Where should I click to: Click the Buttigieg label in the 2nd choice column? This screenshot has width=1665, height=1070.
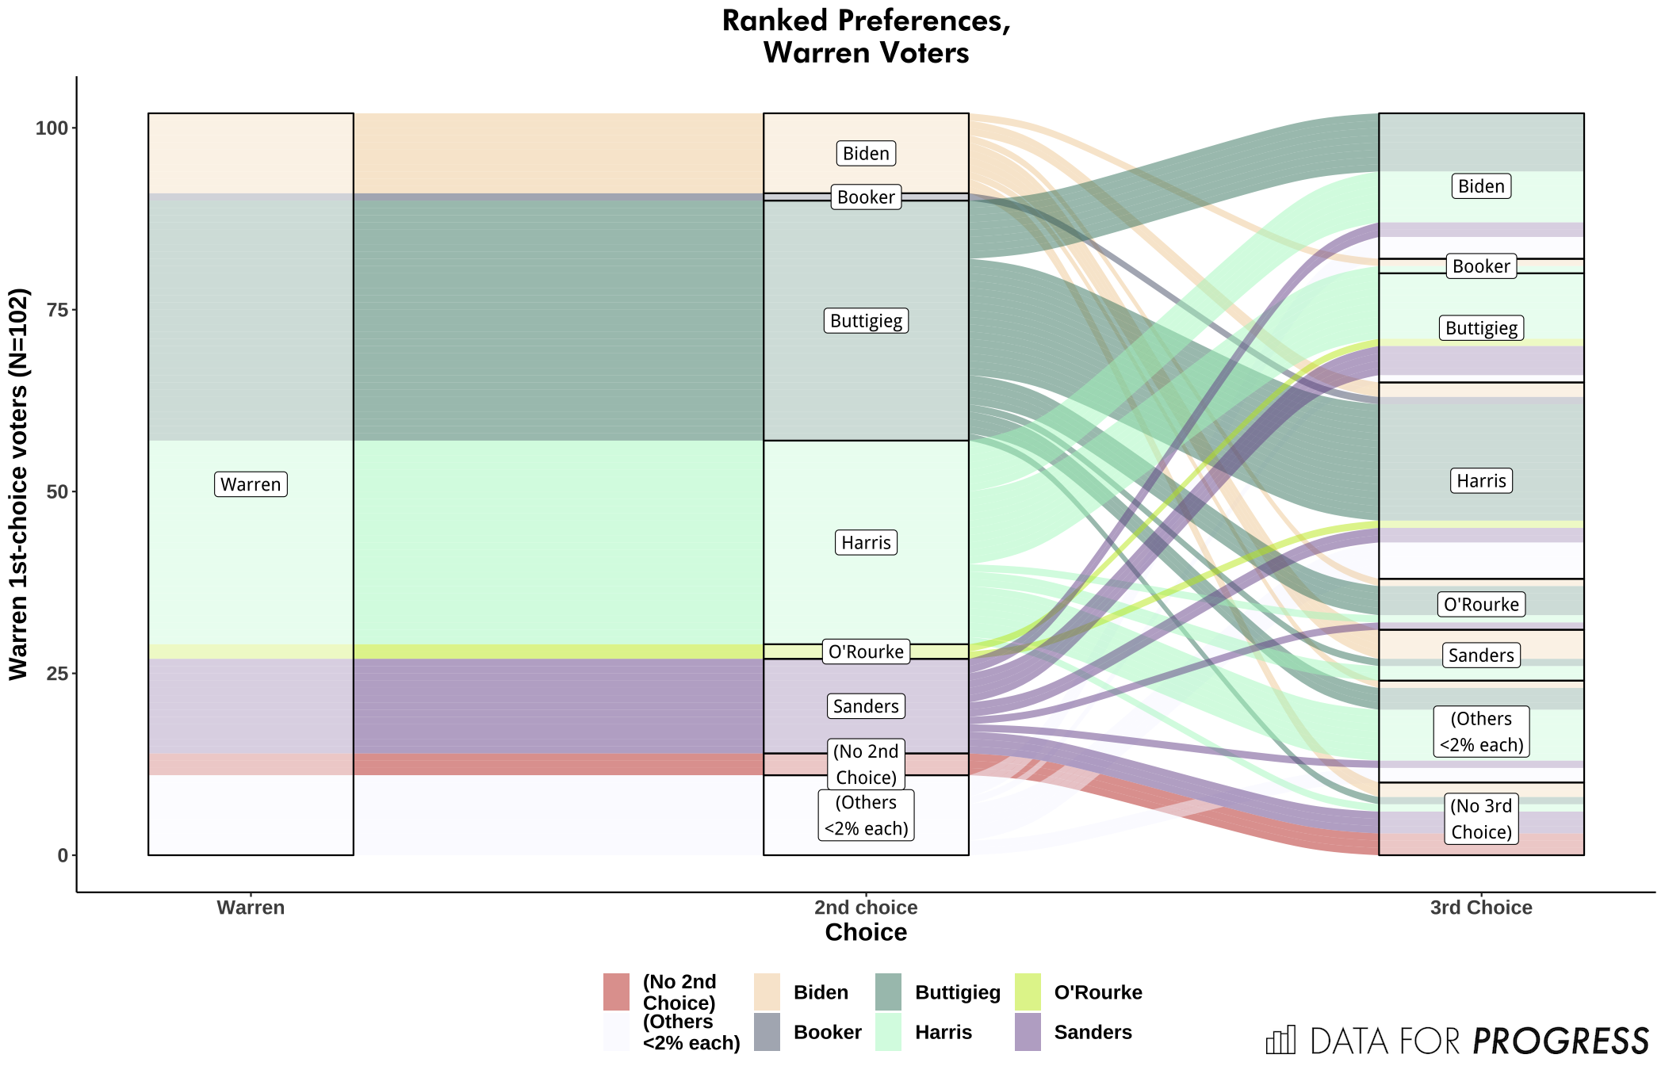[x=866, y=321]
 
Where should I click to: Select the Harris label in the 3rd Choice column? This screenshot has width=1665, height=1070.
[x=1481, y=481]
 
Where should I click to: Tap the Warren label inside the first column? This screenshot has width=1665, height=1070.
[x=251, y=484]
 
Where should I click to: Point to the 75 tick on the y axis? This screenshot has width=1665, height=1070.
[x=57, y=310]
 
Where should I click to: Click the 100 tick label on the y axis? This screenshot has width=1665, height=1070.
[x=52, y=128]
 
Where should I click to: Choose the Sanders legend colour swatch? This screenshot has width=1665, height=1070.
[x=1028, y=1032]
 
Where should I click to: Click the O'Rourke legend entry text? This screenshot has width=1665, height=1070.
[x=1097, y=992]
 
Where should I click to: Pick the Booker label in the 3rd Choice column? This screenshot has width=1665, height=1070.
[x=1481, y=266]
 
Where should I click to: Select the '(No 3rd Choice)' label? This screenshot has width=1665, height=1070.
[x=1481, y=819]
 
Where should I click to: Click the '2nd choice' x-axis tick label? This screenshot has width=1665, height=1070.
[x=866, y=908]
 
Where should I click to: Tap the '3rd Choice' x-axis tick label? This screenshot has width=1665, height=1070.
[x=1481, y=908]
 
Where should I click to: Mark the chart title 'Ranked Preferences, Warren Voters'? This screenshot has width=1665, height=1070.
[x=866, y=36]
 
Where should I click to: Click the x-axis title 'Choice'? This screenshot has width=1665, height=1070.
[x=866, y=932]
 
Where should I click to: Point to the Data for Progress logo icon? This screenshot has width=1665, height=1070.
[x=1280, y=1040]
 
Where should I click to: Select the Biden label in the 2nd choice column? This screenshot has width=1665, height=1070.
[x=866, y=153]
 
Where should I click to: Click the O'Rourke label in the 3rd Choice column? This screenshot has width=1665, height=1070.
[x=1481, y=605]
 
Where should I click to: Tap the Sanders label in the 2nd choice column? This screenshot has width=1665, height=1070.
[x=866, y=706]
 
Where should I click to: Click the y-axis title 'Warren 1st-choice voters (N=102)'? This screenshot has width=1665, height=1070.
[x=19, y=483]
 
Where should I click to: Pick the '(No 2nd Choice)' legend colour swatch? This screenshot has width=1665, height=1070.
[x=616, y=992]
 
